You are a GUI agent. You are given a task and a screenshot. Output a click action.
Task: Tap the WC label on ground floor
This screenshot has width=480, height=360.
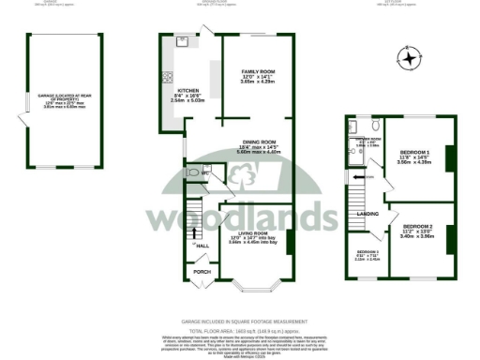206,172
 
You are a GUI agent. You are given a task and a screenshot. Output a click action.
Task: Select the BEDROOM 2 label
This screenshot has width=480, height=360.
417,226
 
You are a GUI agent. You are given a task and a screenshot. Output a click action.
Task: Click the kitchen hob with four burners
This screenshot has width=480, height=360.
168,77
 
